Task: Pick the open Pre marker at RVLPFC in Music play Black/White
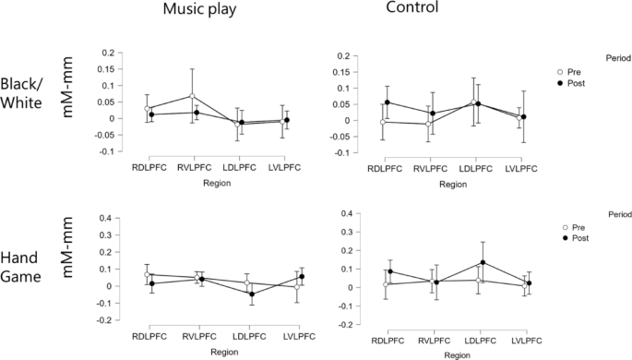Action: (192, 96)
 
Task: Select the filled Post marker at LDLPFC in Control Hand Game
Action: (482, 263)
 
